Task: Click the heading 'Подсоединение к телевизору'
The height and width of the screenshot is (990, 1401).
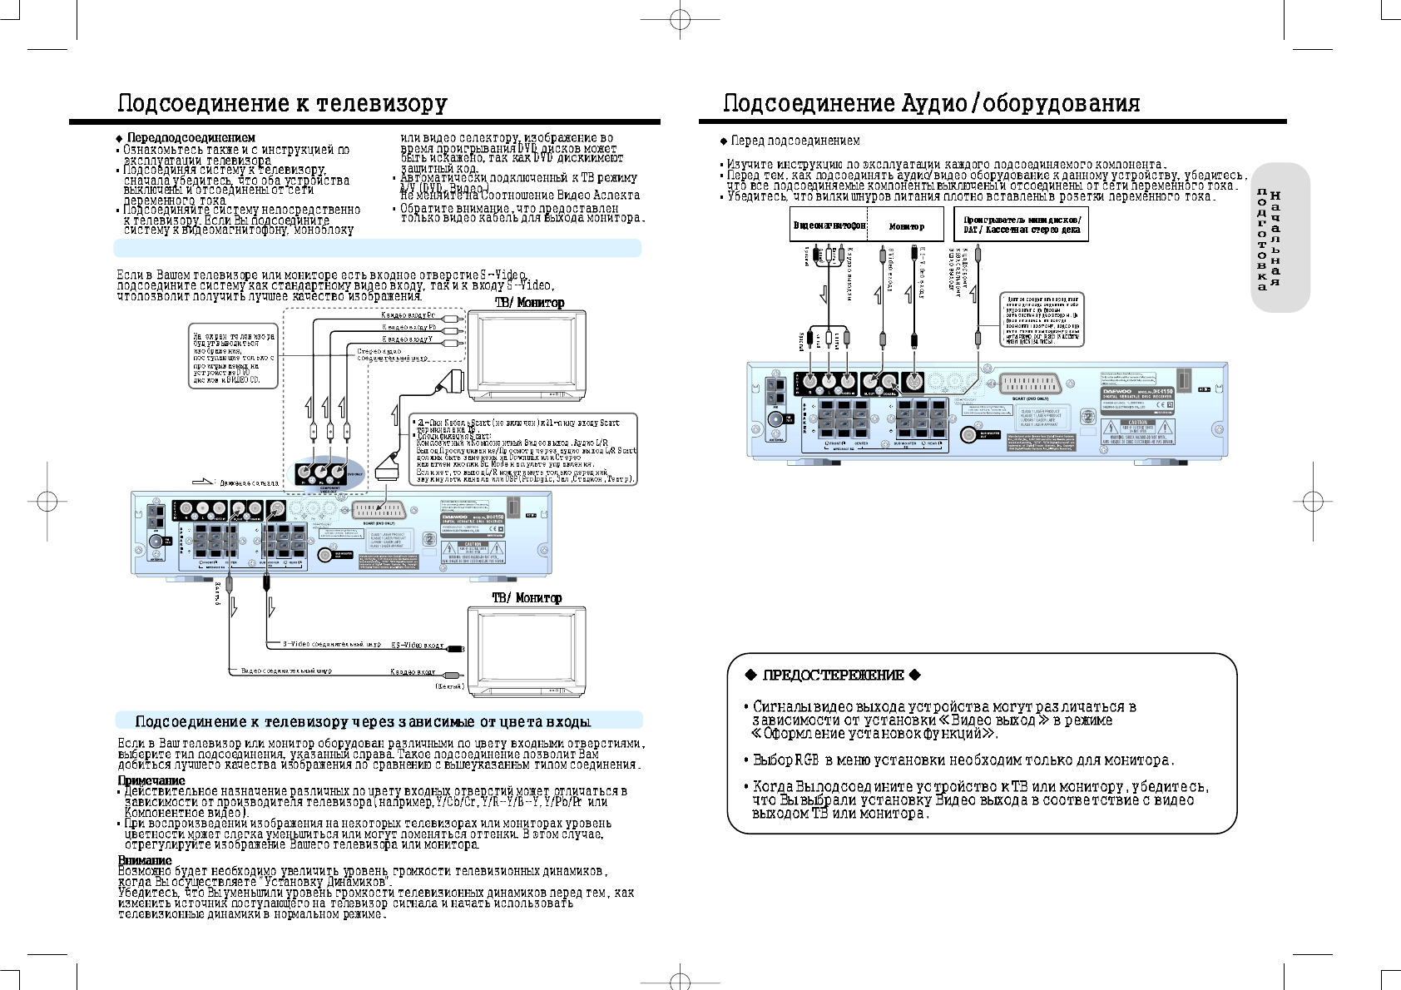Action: pyautogui.click(x=282, y=103)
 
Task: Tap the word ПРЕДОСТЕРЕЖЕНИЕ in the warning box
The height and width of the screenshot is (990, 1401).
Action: pyautogui.click(x=833, y=675)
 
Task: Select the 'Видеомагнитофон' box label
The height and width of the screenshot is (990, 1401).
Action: pyautogui.click(x=829, y=225)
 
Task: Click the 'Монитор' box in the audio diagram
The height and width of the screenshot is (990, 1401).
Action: pyautogui.click(x=906, y=225)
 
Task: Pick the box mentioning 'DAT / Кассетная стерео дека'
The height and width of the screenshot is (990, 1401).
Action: pyautogui.click(x=1021, y=225)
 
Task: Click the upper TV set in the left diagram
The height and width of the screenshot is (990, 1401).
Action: pyautogui.click(x=527, y=356)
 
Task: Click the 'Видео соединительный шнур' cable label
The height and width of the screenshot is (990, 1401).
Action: pyautogui.click(x=286, y=671)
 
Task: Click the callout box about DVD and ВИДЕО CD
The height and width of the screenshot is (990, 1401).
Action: pyautogui.click(x=232, y=356)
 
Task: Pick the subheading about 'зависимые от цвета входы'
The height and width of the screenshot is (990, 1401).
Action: pyautogui.click(x=363, y=721)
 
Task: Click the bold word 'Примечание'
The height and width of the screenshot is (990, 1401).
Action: pyautogui.click(x=151, y=780)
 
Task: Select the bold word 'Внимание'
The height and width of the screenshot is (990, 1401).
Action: pyautogui.click(x=145, y=860)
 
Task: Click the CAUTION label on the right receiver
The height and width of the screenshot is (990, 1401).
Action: pyautogui.click(x=1137, y=423)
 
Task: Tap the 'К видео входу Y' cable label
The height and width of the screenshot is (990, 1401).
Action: pyautogui.click(x=407, y=339)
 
